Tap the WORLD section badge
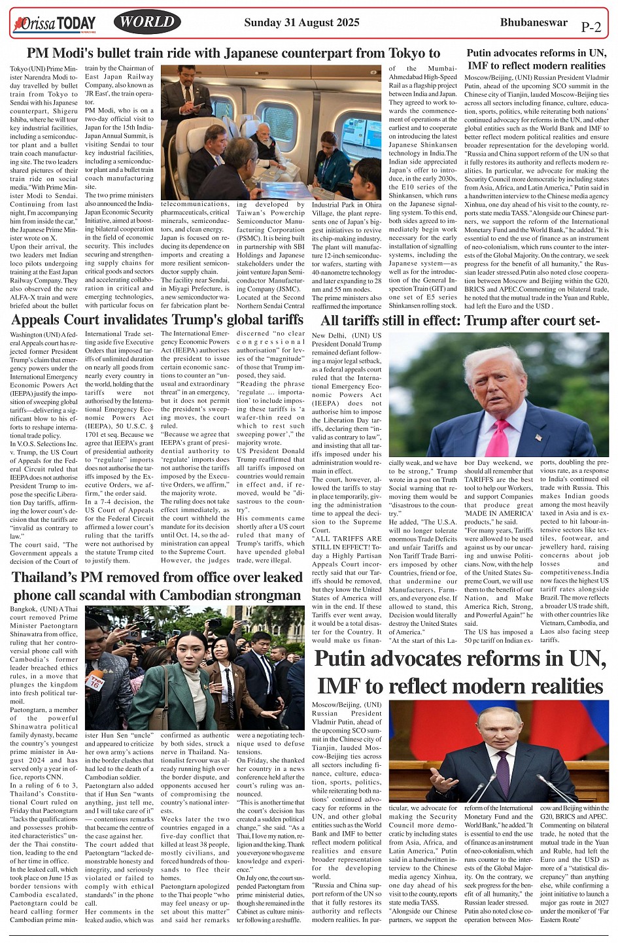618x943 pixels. (x=147, y=22)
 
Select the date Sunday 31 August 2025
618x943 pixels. (x=301, y=22)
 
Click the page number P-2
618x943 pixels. (x=591, y=27)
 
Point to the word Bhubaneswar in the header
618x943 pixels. (x=534, y=22)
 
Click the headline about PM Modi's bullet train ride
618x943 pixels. (x=233, y=53)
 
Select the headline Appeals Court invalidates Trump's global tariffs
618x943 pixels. (x=157, y=320)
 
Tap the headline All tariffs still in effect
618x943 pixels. (x=460, y=320)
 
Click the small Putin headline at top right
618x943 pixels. (x=536, y=59)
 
